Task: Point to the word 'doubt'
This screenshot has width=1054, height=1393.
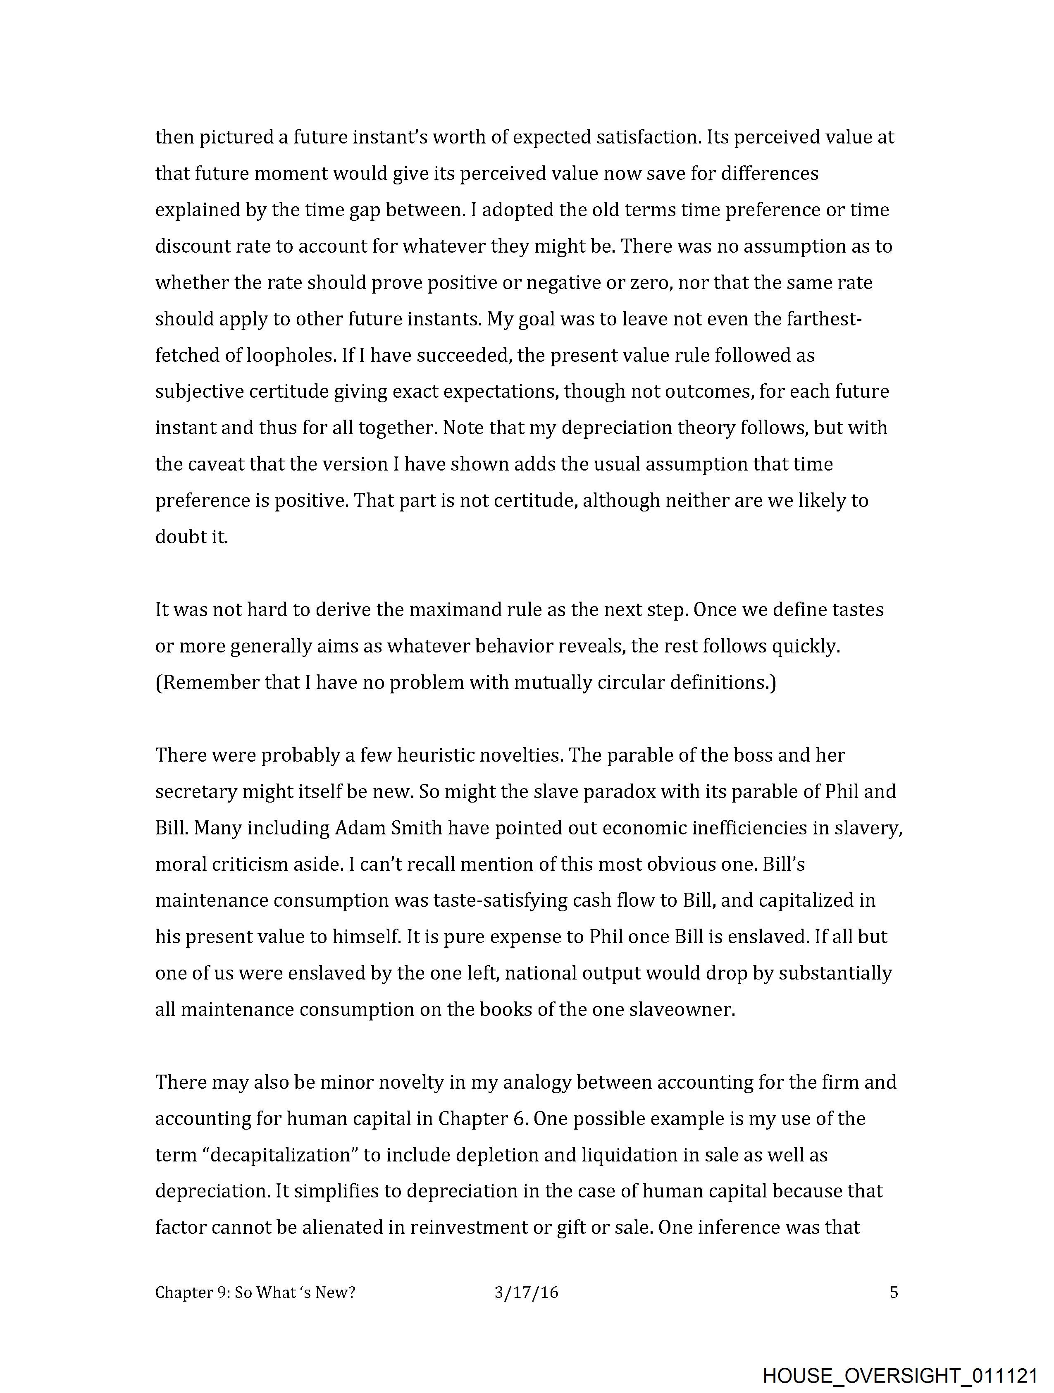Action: pos(176,537)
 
